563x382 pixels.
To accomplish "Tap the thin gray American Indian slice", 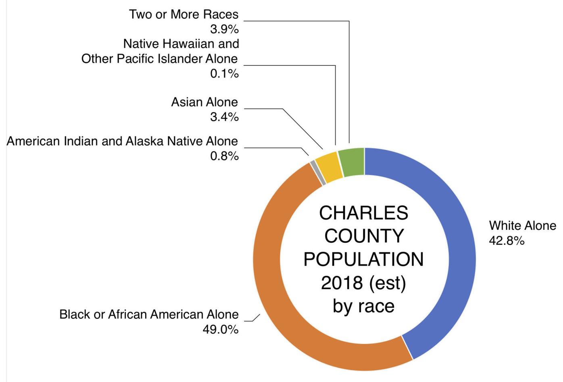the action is tap(318, 173).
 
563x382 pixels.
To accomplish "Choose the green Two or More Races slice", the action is tap(352, 162).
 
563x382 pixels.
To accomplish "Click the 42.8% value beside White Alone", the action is tap(507, 241).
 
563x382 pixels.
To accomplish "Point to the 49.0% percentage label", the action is tap(221, 330).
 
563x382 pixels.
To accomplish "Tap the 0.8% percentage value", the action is tap(225, 156).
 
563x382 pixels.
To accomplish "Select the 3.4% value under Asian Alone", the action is tap(225, 117).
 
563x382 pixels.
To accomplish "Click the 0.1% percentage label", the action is tap(225, 74).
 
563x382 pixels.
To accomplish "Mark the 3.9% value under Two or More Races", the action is tap(225, 29).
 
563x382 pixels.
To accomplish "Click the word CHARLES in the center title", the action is tap(364, 213).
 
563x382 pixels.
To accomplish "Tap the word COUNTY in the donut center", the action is tap(364, 236).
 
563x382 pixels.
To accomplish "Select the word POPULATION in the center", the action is tap(364, 259).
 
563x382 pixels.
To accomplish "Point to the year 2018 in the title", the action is tap(342, 283).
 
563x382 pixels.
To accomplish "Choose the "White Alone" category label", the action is tap(523, 225).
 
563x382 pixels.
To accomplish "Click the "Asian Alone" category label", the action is tap(204, 102).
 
